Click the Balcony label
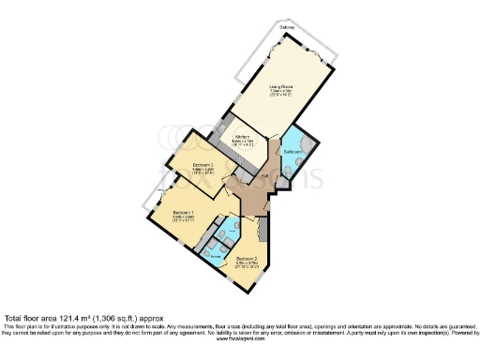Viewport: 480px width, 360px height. pos(286,28)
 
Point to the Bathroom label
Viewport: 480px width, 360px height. pos(293,151)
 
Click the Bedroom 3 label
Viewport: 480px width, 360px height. pos(204,164)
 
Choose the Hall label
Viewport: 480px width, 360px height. pos(265,174)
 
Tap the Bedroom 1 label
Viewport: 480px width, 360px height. pos(183,213)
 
